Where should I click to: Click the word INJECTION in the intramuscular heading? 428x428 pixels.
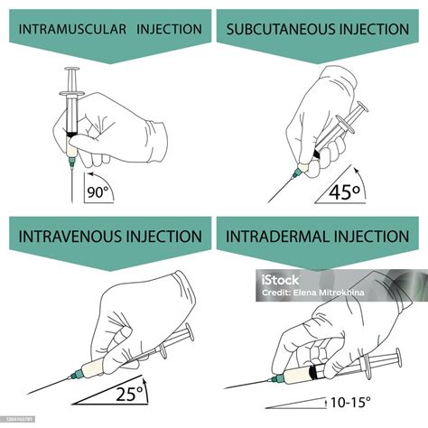click(x=170, y=29)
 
